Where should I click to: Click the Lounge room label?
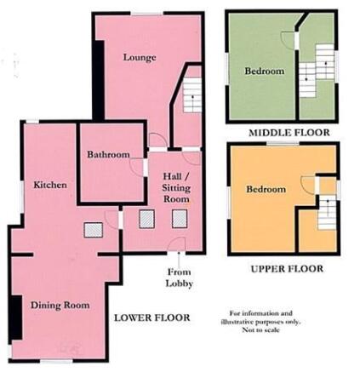140,58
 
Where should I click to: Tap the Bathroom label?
108,154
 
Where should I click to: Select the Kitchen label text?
50,185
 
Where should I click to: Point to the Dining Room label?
60,306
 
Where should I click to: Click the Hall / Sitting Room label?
176,187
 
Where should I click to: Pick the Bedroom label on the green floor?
265,71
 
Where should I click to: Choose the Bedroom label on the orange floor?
266,189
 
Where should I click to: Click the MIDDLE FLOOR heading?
289,133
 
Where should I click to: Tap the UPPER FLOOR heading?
287,269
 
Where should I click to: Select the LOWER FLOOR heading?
152,318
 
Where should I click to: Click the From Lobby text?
180,278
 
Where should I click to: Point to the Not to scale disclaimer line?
260,329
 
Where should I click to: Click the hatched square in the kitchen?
93,230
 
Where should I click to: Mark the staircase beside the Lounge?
192,95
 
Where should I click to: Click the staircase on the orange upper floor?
327,212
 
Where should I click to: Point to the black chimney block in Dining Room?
16,318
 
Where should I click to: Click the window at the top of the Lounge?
146,14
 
